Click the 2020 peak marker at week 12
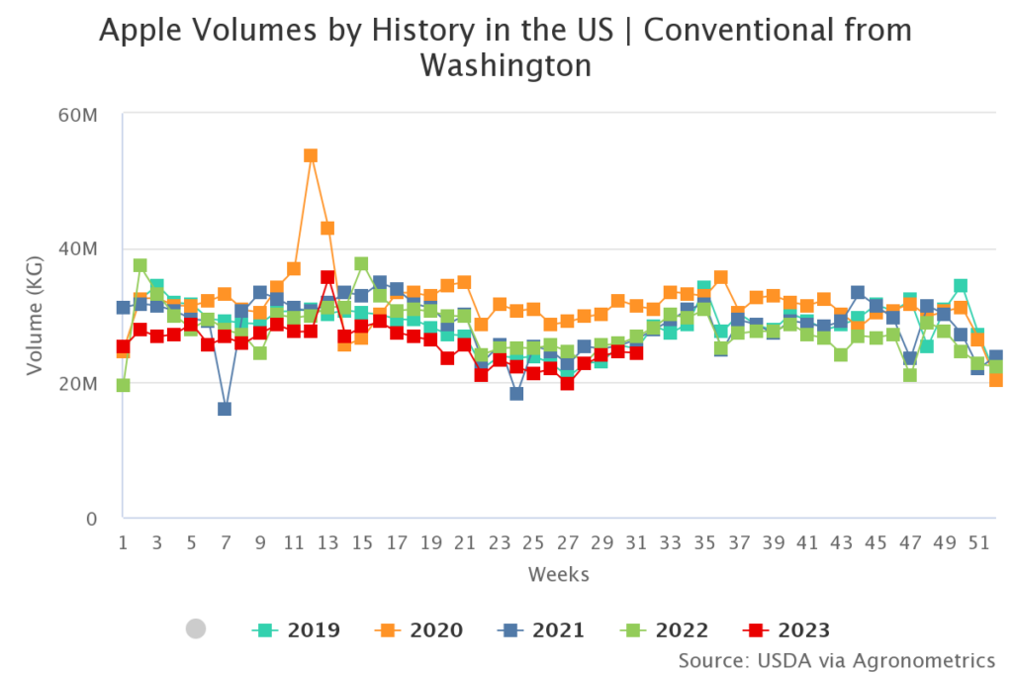click(x=311, y=155)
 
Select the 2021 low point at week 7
click(x=225, y=409)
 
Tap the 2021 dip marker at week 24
click(x=516, y=394)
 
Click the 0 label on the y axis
click(x=92, y=519)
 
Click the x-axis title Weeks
click(x=559, y=574)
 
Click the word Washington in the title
click(x=506, y=67)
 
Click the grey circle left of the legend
click(x=196, y=628)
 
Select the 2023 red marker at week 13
click(x=327, y=278)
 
